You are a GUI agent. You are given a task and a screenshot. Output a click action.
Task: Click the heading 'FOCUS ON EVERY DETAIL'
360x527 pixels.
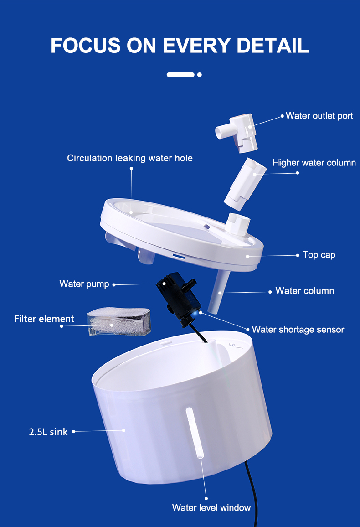(180, 45)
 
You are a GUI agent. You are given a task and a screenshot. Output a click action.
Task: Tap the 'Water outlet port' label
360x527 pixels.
(319, 116)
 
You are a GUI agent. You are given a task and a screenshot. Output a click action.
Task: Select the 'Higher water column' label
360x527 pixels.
(314, 163)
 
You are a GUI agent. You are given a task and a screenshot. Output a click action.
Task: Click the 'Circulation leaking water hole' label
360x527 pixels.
(129, 158)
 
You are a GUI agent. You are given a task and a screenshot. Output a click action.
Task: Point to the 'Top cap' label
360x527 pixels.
(319, 255)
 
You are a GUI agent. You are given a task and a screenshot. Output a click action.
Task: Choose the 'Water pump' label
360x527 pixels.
(84, 284)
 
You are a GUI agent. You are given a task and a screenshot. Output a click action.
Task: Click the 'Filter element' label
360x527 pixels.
(44, 319)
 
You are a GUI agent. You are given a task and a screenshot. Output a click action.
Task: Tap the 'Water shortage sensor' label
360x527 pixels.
(298, 329)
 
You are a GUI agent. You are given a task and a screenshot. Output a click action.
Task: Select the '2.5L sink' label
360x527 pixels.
(48, 432)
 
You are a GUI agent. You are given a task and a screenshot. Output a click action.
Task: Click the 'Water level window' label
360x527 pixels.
(211, 507)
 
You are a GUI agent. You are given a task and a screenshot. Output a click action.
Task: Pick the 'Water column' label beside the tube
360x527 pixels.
(304, 291)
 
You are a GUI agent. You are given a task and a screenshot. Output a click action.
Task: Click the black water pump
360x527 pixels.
(179, 297)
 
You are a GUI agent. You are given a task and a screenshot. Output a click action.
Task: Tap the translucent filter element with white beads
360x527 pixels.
(119, 322)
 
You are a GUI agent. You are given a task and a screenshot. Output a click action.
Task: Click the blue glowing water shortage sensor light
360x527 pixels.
(196, 313)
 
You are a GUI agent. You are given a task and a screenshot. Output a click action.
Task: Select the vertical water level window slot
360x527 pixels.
(195, 433)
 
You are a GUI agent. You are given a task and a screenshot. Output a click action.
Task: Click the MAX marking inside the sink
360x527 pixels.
(232, 345)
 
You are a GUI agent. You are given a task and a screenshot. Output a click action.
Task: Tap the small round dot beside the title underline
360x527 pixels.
(200, 75)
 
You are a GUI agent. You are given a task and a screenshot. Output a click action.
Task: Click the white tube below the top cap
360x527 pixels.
(219, 291)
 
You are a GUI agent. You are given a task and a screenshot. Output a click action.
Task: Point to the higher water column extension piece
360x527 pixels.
(245, 184)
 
